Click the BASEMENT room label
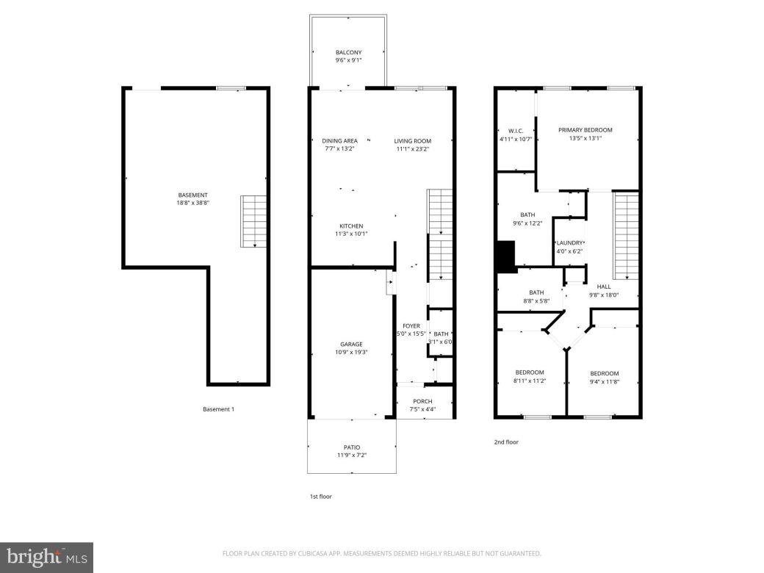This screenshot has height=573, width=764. pos(193,195)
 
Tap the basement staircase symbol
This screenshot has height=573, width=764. pos(254,221)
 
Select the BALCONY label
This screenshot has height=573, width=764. pos(349,52)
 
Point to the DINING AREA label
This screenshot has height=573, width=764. pos(339,141)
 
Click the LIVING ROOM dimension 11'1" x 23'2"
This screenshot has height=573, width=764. pos(412,149)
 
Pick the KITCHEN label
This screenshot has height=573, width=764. pos(351,226)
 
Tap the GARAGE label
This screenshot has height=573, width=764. pos(351,344)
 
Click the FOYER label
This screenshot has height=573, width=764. pos(411,326)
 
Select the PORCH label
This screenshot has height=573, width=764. pos(422,401)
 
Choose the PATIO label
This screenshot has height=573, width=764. pos(351,447)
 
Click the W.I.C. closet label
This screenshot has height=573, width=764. pos(515,131)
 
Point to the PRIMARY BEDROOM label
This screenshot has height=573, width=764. pos(585,130)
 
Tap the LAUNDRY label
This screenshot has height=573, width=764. pos(569,243)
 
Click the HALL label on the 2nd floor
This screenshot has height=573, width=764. pos(604,286)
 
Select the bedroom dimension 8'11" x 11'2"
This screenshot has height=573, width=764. pos(529,381)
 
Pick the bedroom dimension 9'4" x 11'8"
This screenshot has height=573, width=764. pos(604,381)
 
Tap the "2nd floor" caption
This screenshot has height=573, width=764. pos(506,442)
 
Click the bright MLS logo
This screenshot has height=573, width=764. pos(46,556)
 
